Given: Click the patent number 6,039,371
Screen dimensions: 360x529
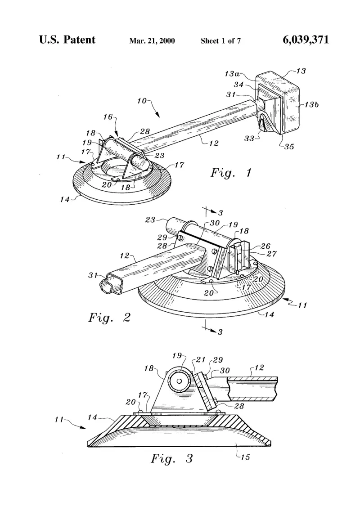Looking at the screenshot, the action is click(x=306, y=40).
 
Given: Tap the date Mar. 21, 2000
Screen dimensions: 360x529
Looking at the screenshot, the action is click(x=152, y=41).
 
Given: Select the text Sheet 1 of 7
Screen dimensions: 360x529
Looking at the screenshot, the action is click(x=220, y=41).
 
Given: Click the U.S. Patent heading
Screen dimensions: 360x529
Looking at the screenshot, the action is click(x=67, y=40).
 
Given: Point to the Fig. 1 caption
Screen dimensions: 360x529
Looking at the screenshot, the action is click(x=231, y=173).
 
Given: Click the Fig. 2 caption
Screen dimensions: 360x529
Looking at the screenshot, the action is click(x=109, y=318).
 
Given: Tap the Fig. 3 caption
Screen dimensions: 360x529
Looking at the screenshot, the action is click(x=172, y=458).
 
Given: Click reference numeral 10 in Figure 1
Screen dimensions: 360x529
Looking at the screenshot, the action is click(x=142, y=101).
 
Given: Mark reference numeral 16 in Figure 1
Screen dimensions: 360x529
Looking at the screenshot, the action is click(x=108, y=117).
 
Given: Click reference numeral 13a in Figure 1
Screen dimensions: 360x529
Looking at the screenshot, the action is click(x=232, y=74).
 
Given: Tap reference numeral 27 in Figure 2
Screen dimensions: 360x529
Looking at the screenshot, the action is click(x=272, y=254).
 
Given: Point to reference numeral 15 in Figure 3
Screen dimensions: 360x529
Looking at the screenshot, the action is click(x=245, y=457).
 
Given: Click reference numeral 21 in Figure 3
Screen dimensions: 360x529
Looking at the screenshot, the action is click(x=201, y=360).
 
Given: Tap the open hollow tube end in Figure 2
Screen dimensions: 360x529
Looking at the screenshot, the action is click(x=108, y=286).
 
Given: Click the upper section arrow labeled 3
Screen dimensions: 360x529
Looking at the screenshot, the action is click(x=211, y=212).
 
